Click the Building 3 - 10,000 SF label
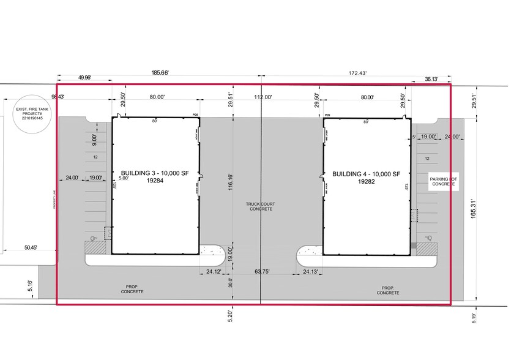(x=156, y=173)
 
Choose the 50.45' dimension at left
(x=30, y=247)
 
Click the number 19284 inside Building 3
(x=156, y=181)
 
